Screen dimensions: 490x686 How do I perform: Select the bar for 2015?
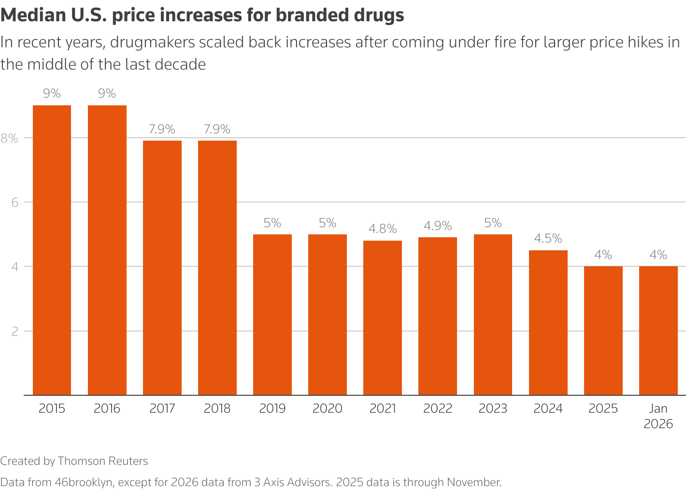[52, 250]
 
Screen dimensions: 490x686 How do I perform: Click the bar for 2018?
[217, 268]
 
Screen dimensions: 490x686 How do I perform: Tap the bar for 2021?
[382, 317]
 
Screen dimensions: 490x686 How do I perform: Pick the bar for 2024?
[548, 322]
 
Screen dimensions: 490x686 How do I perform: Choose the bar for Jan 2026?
[658, 331]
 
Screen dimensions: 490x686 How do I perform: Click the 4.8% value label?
[382, 229]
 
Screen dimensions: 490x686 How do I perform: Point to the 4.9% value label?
[438, 226]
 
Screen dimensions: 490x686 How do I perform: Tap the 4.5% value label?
[548, 238]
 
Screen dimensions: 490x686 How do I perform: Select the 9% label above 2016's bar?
[107, 93]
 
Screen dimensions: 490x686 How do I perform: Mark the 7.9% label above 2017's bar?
[162, 129]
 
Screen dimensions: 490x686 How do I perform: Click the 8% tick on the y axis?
[9, 138]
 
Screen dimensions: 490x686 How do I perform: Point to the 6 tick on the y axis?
[14, 202]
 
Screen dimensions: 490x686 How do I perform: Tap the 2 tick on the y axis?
[14, 331]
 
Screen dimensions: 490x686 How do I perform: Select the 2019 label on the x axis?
[272, 408]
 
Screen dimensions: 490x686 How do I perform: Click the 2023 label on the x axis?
[493, 408]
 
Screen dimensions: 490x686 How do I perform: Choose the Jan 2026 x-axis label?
[658, 416]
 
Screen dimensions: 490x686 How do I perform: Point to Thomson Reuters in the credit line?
[102, 461]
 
